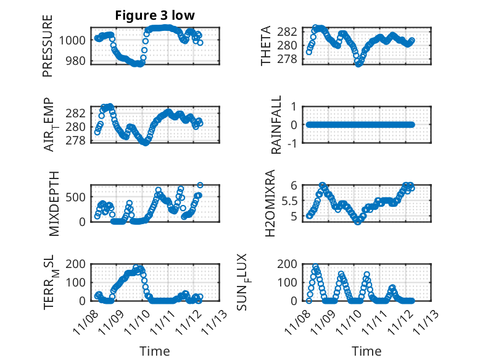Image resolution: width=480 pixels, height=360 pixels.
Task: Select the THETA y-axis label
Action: pyautogui.click(x=266, y=46)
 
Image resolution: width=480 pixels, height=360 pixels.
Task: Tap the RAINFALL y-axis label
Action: pyautogui.click(x=278, y=125)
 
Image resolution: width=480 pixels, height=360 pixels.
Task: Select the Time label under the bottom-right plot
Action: pyautogui.click(x=366, y=351)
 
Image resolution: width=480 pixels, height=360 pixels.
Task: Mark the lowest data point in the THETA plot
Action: pyautogui.click(x=358, y=64)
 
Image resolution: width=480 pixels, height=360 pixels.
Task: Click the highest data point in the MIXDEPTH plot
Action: pyautogui.click(x=200, y=185)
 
